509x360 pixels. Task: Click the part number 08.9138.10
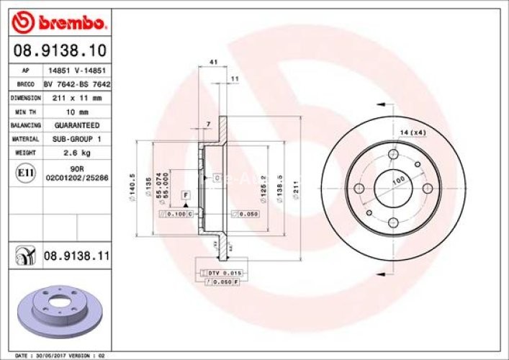[x=61, y=50]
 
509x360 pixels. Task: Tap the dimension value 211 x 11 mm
[x=77, y=97]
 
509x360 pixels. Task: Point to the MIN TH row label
[x=24, y=112]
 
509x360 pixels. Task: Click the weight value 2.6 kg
[x=77, y=153]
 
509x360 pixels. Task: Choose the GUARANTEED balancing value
[x=77, y=125]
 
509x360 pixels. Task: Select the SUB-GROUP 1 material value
[x=77, y=139]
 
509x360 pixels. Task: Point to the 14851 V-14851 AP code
[x=77, y=71]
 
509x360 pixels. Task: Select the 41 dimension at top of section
[x=213, y=63]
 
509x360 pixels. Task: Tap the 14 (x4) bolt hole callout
[x=413, y=132]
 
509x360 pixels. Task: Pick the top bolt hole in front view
[x=394, y=156]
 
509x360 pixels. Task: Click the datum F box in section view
[x=185, y=196]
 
